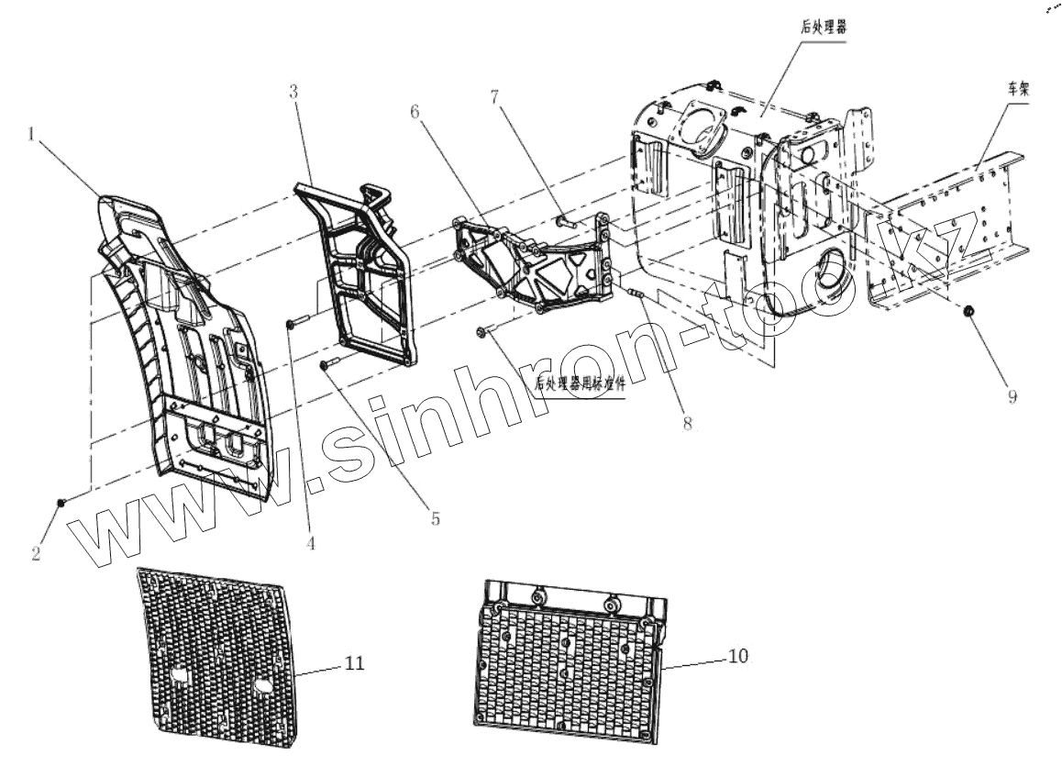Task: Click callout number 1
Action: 32,135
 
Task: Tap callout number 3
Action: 293,92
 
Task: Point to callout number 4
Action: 312,543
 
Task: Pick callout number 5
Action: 435,519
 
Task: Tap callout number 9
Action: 1012,398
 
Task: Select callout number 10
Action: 739,656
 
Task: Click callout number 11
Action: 353,662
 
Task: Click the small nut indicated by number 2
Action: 61,501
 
